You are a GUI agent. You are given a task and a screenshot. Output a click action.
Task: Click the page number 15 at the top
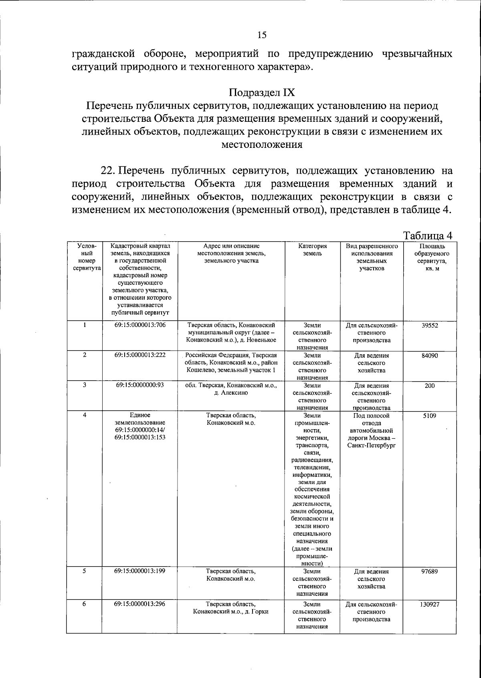262,35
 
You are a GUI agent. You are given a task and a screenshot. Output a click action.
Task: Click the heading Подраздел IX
262,93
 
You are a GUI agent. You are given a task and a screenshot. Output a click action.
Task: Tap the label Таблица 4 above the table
428,235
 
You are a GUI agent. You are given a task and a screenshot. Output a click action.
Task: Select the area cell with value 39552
430,325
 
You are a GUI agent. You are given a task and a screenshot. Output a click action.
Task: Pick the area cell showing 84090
429,355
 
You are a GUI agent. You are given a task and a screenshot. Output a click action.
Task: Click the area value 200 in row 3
429,385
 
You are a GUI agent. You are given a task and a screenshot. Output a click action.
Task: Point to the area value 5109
429,416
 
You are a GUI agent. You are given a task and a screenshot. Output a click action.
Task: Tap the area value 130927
429,604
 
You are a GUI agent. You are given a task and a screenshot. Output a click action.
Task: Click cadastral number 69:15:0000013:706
139,325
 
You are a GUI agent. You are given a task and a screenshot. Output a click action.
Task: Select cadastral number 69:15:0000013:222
139,355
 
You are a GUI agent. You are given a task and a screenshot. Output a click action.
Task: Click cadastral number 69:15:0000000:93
139,385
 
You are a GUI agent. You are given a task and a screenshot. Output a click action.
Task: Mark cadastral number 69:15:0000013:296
139,604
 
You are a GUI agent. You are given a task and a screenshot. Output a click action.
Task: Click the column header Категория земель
312,250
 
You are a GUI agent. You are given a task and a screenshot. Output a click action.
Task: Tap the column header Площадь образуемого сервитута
429,257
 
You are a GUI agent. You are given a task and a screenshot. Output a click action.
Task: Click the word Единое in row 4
139,416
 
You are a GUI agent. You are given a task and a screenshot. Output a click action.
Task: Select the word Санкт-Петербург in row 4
372,446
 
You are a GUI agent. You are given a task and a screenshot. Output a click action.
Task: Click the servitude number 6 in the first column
84,604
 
